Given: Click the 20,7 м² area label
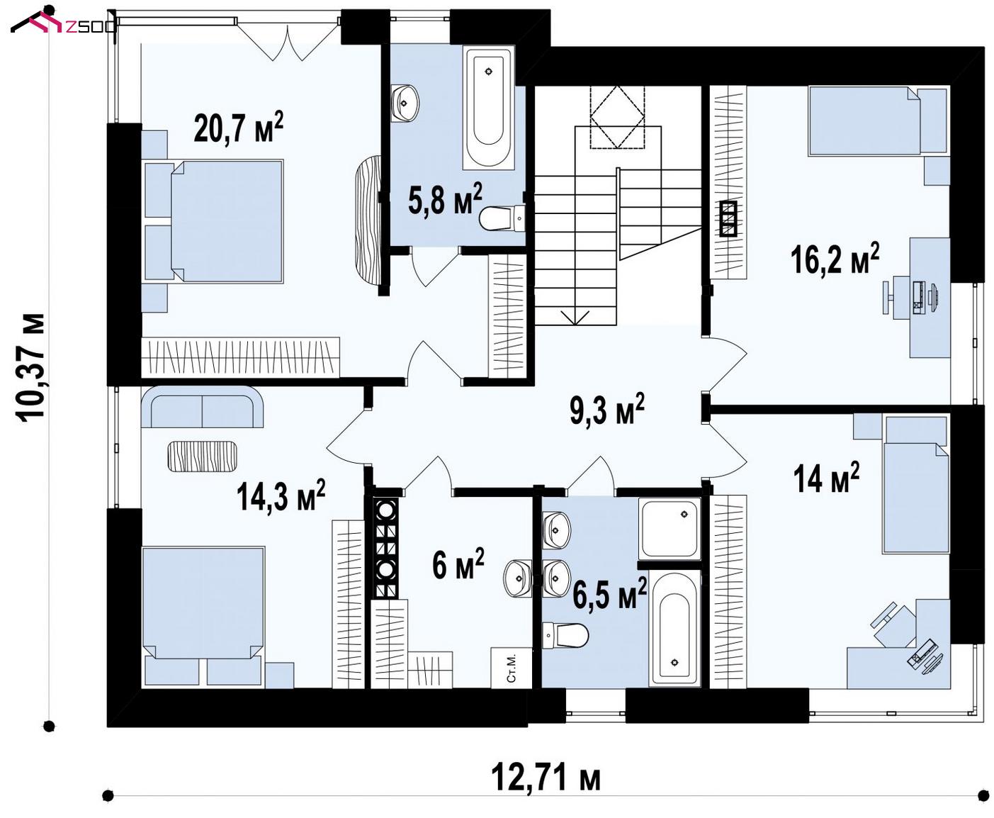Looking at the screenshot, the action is pos(239,128).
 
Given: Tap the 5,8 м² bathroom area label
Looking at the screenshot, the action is pos(445,198).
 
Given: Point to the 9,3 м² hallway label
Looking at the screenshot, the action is pos(607,408).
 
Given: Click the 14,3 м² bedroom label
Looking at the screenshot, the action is pos(281,495).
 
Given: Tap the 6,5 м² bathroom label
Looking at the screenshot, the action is pos(609,593).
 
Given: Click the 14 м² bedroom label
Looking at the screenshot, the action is pos(826,477).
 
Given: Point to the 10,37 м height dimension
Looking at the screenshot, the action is pos(30,366).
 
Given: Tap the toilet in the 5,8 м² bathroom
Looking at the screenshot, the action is pos(502,218).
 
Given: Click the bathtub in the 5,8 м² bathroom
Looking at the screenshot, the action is pos(488,108).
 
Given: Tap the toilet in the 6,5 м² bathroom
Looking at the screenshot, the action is pos(565,636).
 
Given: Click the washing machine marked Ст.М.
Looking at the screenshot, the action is pos(512,668).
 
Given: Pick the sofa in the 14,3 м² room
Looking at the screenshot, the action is pos(202,407).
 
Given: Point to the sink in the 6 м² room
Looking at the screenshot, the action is pos(518,578).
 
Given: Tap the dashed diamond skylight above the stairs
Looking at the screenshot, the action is pos(617,117).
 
